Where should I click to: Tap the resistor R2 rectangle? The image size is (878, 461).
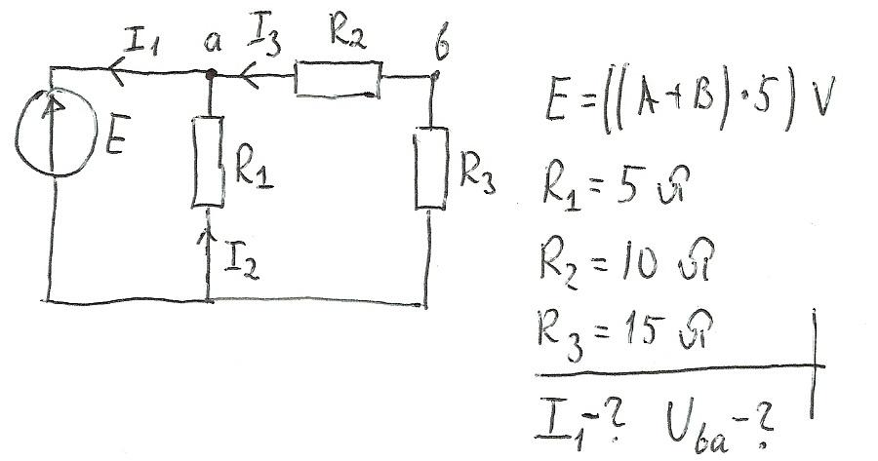click(x=338, y=80)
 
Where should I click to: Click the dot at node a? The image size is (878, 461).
click(x=211, y=71)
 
